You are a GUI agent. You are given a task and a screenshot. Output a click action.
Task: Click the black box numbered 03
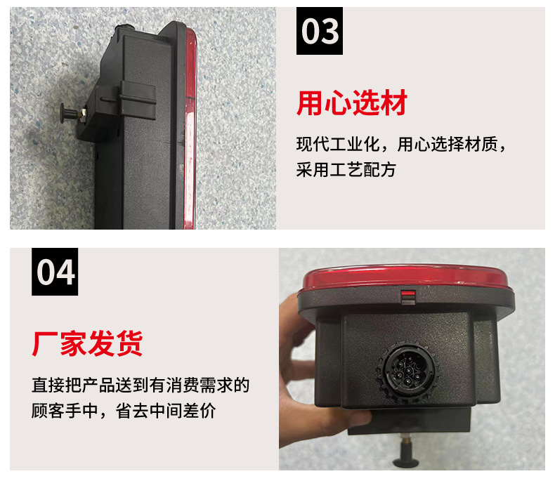pos(320,32)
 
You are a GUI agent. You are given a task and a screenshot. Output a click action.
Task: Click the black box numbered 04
pos(55,272)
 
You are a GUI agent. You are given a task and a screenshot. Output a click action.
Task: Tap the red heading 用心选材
pos(352,104)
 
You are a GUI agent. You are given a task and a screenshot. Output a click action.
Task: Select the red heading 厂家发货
pos(88,345)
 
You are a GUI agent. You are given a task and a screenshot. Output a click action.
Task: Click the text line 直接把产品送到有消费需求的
pos(141,385)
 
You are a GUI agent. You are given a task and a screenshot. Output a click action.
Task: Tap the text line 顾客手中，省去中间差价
pos(124,410)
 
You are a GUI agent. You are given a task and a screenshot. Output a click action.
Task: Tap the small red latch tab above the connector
pos(407,296)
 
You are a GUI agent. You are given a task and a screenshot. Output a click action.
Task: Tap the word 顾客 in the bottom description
pos(48,410)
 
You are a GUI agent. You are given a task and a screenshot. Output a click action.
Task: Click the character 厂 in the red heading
pos(44,345)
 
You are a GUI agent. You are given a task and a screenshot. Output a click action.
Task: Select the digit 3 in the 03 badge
pos(329,32)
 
